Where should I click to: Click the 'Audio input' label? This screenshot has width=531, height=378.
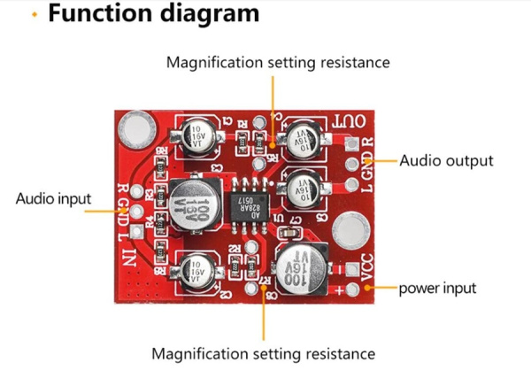[53, 198]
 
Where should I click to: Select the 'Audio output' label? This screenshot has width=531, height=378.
[446, 161]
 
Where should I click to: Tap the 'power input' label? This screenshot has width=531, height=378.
[437, 289]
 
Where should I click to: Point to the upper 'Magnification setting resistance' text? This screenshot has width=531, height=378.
[278, 63]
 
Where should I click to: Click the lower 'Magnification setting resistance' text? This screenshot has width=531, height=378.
[263, 354]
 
